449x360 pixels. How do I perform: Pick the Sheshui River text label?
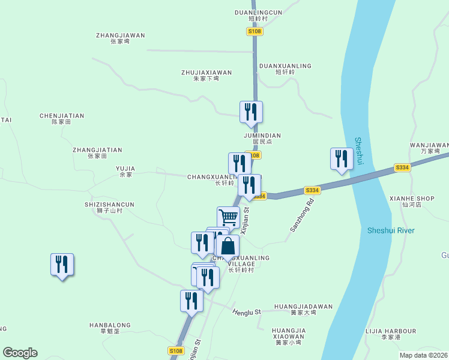[391, 230]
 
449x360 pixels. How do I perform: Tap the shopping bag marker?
[228, 246]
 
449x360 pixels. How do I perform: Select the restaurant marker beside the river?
[342, 159]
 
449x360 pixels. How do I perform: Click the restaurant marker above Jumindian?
[251, 112]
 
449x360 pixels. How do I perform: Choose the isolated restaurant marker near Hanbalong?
[62, 265]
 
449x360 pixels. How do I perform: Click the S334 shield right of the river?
[402, 168]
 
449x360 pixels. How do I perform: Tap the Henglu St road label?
[247, 312]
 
